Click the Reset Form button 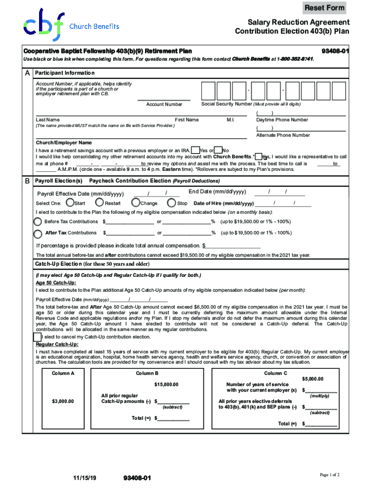coord(324,8)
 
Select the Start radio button coord(70,203)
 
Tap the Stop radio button coord(171,203)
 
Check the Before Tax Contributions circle coord(38,221)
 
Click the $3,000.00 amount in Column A coord(63,401)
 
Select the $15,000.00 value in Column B coord(166,384)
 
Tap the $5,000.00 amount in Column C coord(312,379)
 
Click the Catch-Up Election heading coord(92,264)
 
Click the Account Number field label coord(164,104)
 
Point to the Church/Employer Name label coord(64,143)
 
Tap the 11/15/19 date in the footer coord(85,478)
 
